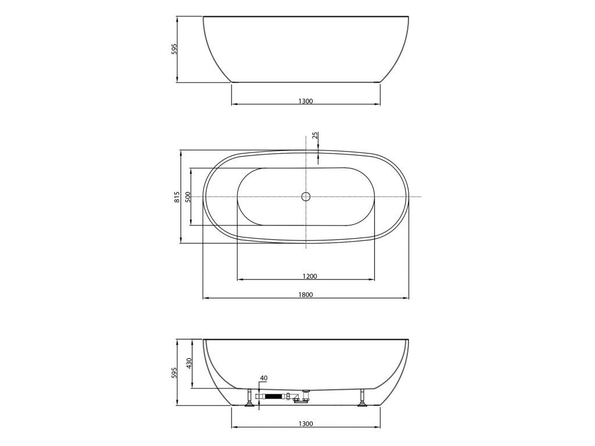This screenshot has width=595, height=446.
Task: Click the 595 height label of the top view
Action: [174, 49]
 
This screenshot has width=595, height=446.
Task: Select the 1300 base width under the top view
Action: [306, 101]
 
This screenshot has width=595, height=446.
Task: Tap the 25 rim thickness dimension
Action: [314, 136]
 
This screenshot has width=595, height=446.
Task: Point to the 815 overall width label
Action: [177, 197]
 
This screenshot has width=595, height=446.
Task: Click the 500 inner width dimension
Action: [188, 197]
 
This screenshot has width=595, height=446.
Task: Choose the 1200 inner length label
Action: [310, 276]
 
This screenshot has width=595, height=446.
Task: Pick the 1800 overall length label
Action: [306, 294]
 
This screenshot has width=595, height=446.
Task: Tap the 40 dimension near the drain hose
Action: [264, 378]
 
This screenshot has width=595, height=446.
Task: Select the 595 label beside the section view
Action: [174, 372]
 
